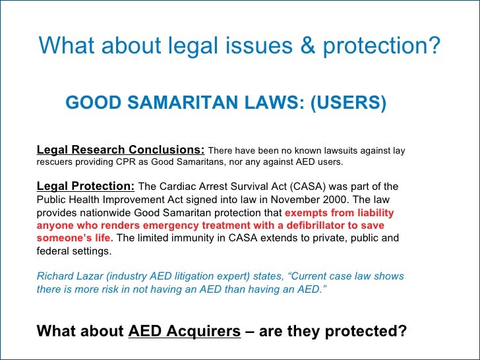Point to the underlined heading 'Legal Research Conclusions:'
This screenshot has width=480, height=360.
click(x=121, y=150)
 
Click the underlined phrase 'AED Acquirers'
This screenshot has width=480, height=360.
click(x=185, y=331)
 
